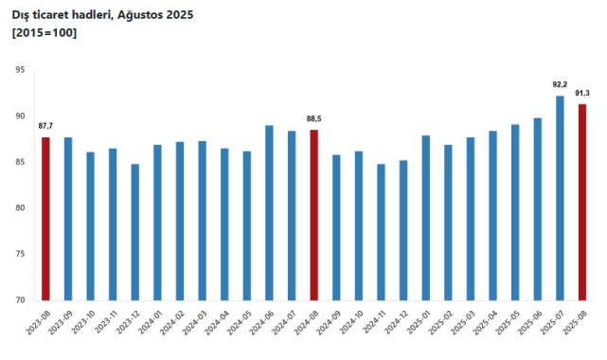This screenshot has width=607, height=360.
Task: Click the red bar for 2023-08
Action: coord(45,219)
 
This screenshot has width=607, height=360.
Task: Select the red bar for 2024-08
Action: coord(313,215)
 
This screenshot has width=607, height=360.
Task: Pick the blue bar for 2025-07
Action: coord(560,198)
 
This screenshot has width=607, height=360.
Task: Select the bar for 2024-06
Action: coord(269,212)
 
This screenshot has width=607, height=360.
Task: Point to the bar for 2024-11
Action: coord(381,232)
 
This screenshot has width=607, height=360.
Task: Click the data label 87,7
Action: coord(45,126)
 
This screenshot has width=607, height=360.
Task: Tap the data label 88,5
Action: coord(314,118)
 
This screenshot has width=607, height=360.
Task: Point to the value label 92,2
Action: coord(560,84)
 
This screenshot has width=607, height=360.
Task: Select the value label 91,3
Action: coord(582,93)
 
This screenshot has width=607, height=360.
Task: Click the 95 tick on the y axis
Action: coord(20,70)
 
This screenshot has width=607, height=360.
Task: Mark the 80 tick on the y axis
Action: coord(20,208)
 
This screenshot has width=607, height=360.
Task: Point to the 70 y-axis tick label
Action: coord(20,300)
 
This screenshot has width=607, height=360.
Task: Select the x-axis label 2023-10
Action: coord(84,326)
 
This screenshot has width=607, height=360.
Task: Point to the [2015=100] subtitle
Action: coord(44,33)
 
